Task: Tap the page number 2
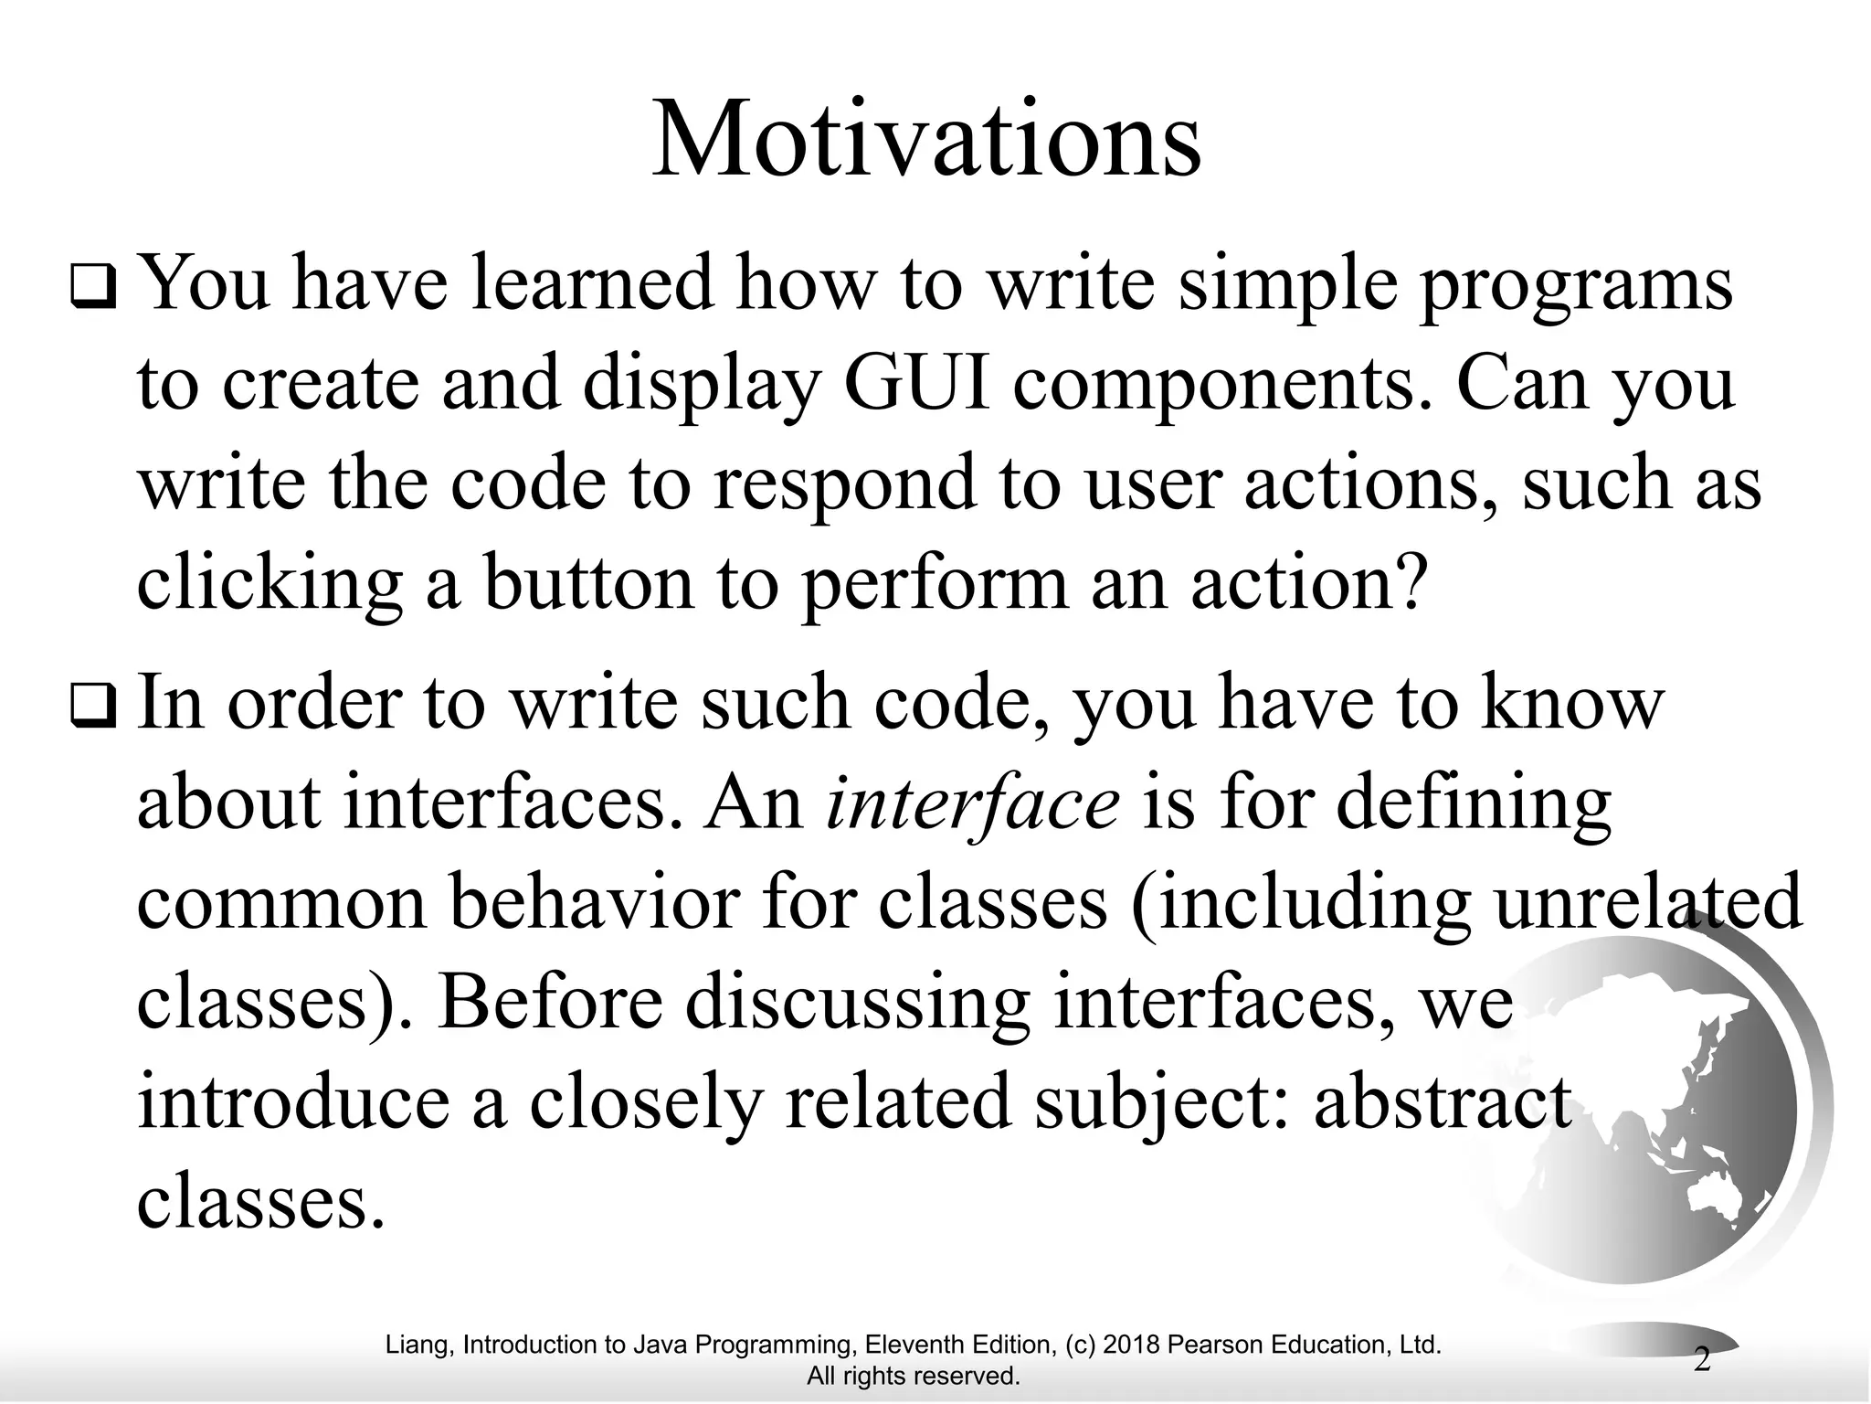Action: pyautogui.click(x=1702, y=1359)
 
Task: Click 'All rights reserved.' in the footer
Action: pyautogui.click(x=913, y=1376)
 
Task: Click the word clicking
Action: pyautogui.click(x=270, y=585)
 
